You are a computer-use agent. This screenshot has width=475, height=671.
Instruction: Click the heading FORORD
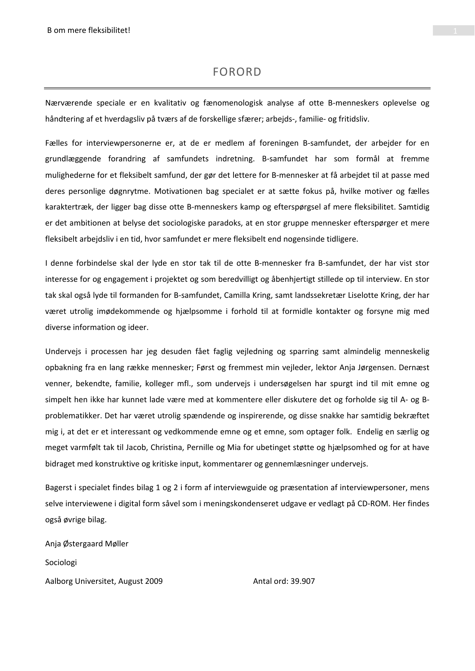237,72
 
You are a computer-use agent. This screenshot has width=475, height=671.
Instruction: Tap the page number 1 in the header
455,31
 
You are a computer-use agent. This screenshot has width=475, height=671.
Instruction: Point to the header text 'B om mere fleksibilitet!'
88,30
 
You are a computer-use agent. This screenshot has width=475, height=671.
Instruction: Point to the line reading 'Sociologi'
61,562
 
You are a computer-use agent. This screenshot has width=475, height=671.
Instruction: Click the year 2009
154,581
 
